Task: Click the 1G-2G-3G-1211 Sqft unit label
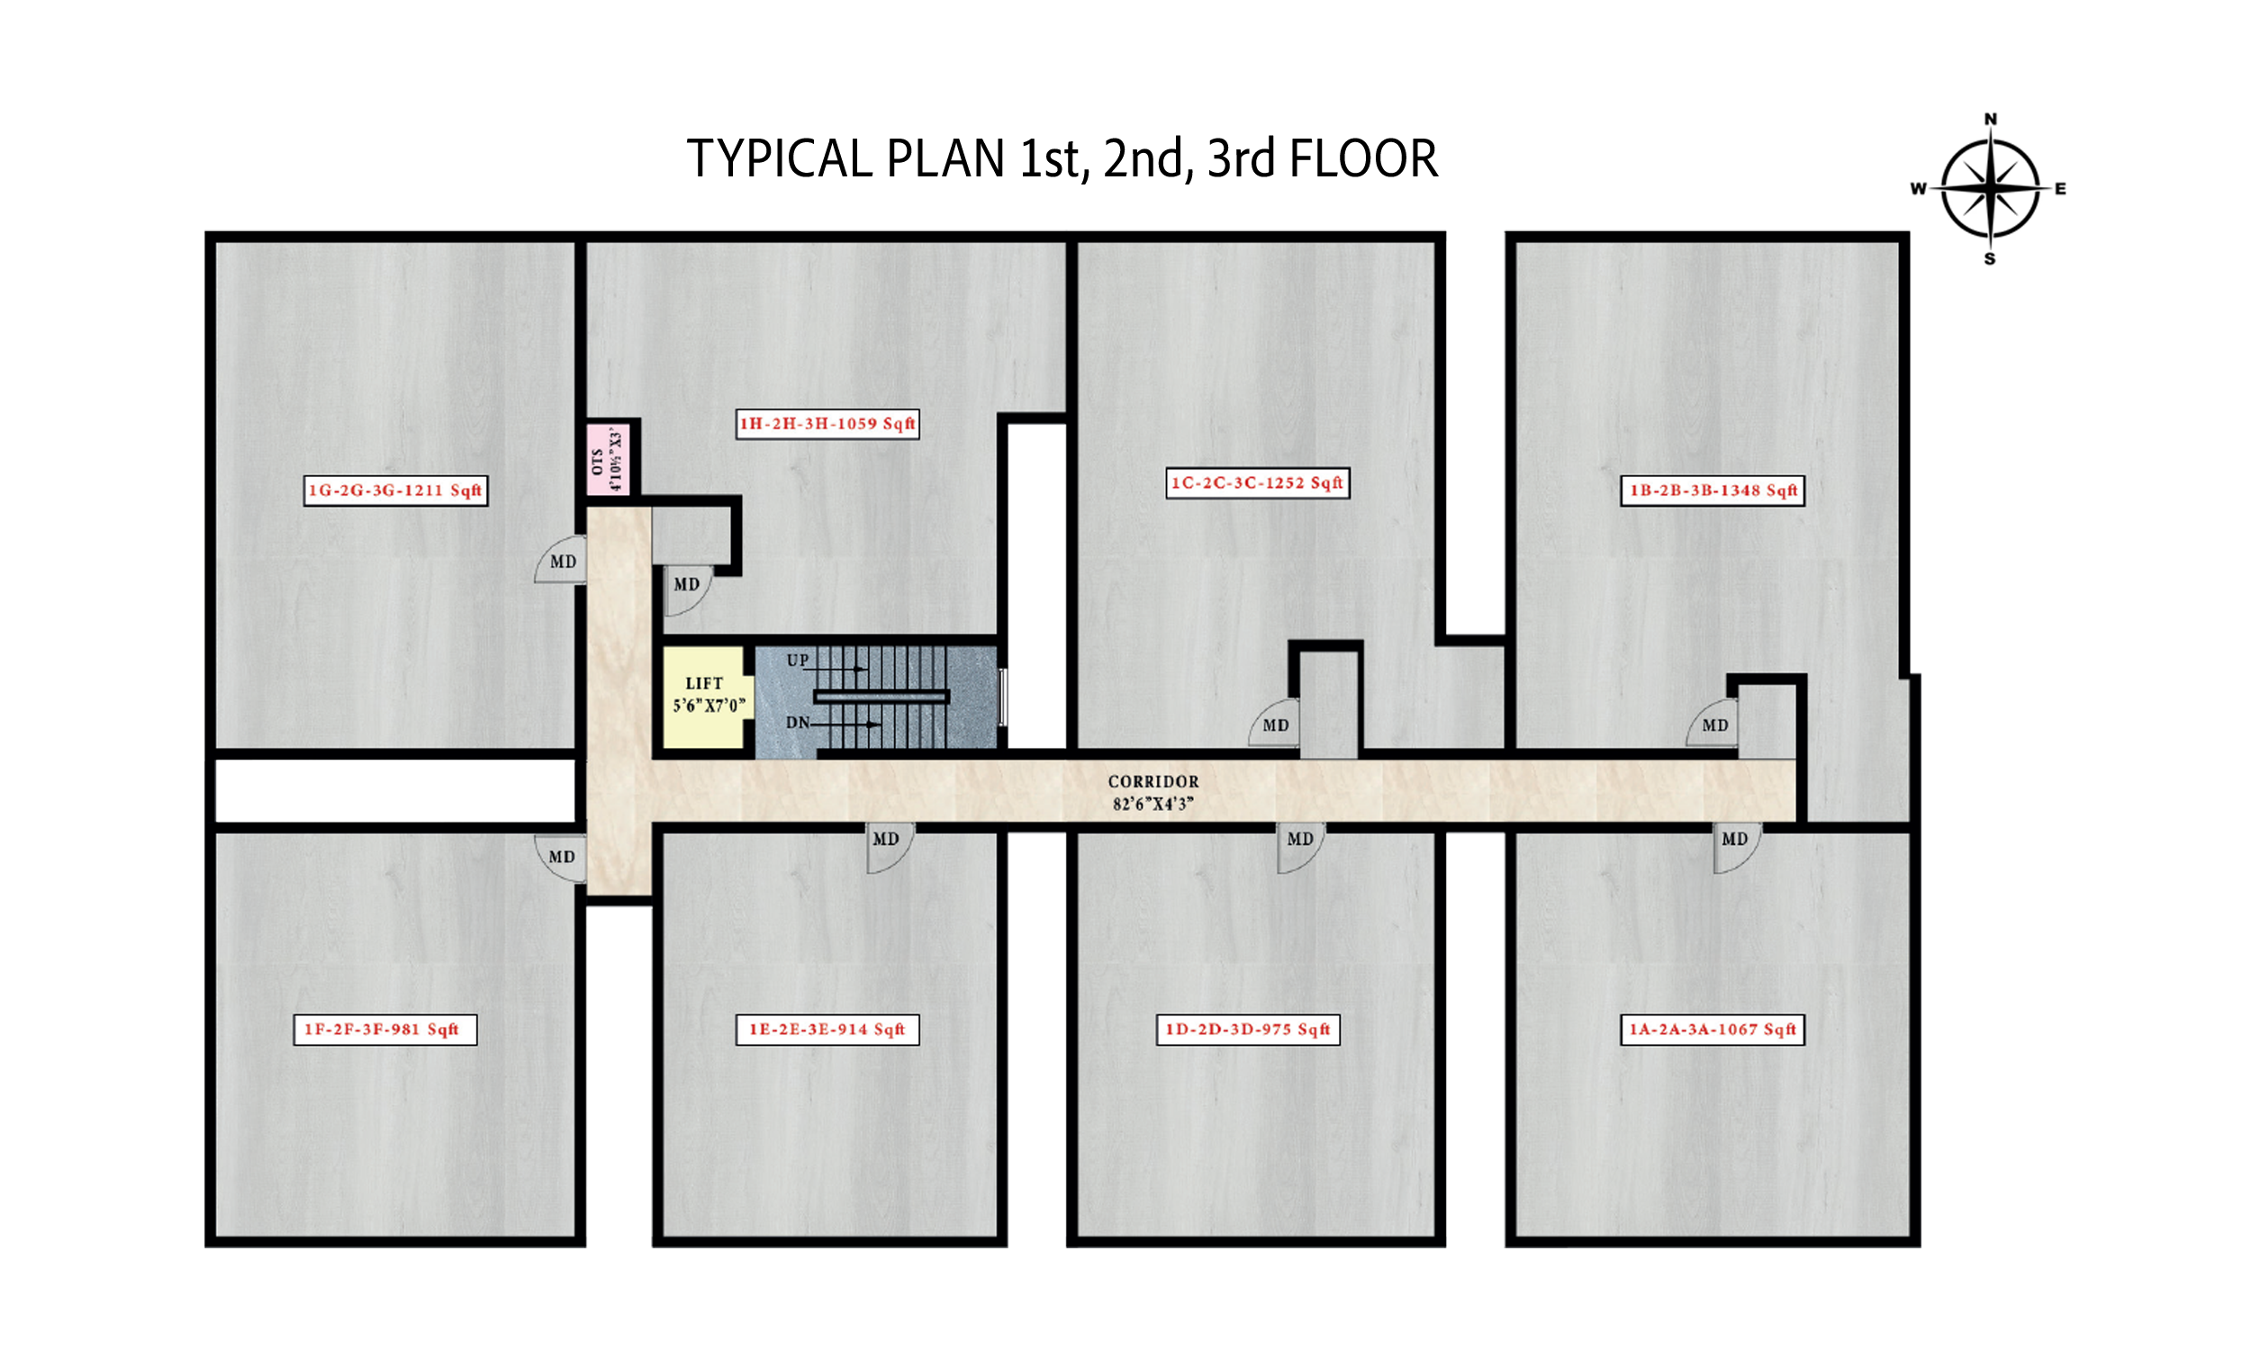(396, 490)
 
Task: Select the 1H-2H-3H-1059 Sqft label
(827, 424)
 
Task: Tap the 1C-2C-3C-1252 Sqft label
(1258, 483)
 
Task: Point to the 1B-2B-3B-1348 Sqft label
(1713, 490)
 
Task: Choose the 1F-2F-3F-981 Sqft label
(384, 1030)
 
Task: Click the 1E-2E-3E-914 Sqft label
(827, 1030)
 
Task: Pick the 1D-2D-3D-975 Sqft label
(1248, 1030)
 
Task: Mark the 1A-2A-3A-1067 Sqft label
(1713, 1030)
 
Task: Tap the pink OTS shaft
(608, 459)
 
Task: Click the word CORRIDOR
(1153, 781)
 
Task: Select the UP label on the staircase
(798, 661)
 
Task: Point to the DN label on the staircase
(798, 724)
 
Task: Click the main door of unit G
(560, 560)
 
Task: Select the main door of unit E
(889, 848)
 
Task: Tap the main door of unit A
(1736, 848)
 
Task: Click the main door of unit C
(1275, 724)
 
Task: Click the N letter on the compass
(1991, 119)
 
